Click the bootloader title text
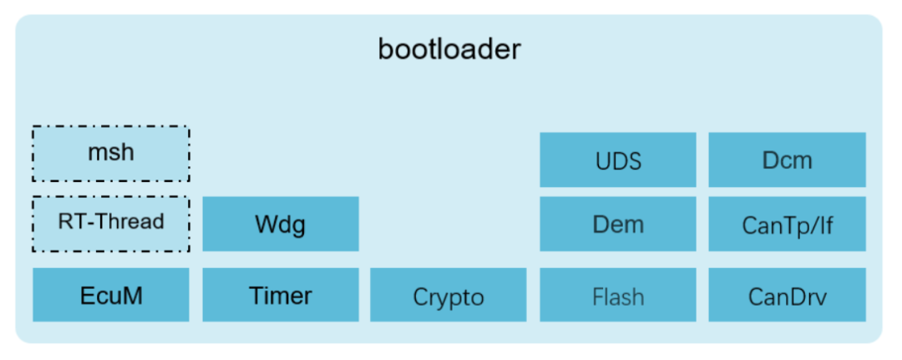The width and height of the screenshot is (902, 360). tap(449, 49)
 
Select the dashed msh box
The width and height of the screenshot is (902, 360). tap(111, 154)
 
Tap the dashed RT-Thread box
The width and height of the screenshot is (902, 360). tap(111, 224)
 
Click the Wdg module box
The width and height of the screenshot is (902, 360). tap(281, 224)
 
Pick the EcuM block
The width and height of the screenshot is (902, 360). tap(111, 295)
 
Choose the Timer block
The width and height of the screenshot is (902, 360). tap(281, 295)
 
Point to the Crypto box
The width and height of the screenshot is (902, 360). tap(448, 295)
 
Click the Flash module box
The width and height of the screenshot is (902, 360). tap(618, 295)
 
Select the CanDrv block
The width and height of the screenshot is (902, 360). tap(787, 295)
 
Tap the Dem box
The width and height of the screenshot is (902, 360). tap(618, 224)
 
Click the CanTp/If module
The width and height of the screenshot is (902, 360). tap(787, 224)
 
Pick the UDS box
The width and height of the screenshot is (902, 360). tap(618, 160)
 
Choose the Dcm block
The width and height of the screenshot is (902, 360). tap(787, 160)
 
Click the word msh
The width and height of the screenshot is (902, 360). tap(111, 152)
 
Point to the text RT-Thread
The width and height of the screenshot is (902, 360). tap(111, 221)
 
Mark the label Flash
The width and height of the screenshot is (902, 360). tap(618, 297)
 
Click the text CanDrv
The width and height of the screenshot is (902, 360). tap(788, 297)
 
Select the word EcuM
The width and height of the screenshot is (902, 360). tap(111, 296)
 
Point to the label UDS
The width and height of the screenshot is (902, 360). tap(618, 161)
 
